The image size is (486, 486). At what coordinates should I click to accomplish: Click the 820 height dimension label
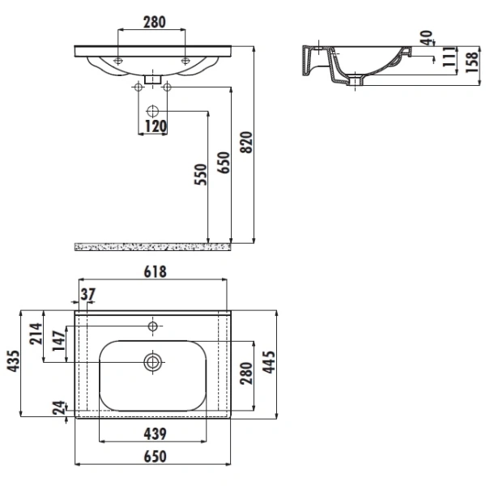point(247,143)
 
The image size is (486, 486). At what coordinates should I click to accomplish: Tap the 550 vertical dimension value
point(201,174)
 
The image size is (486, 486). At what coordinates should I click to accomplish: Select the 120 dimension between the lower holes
point(156,126)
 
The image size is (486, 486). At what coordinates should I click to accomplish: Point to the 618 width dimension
point(155,272)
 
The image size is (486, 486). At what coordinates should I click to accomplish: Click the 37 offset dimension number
point(88,294)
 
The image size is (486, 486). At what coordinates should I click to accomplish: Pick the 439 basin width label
point(155,433)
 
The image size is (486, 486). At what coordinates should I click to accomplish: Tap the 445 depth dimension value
point(269,362)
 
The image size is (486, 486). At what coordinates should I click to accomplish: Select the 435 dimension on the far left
point(13,361)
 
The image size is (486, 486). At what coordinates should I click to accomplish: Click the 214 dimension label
point(36,334)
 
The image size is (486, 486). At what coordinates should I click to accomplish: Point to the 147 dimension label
point(58,341)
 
